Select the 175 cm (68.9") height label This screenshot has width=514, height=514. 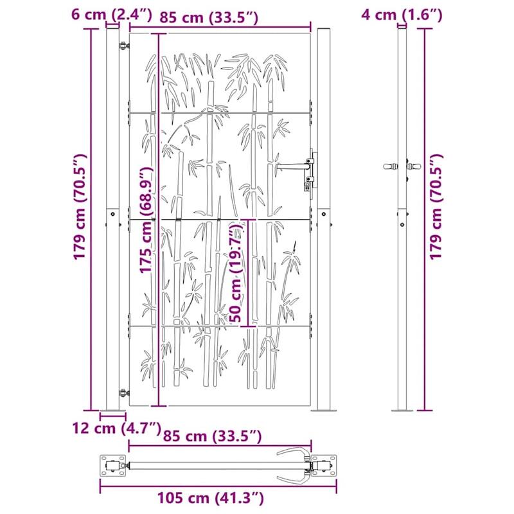coord(147,218)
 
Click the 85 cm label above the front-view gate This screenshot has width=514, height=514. coord(208,18)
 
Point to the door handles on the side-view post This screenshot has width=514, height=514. coord(402,166)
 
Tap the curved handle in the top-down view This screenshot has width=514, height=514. coord(292,465)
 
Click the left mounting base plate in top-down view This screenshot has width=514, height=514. coord(114,466)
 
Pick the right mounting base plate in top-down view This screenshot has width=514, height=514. coord(324,466)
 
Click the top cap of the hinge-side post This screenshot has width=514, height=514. coord(112,28)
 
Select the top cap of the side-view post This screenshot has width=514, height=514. coord(402,28)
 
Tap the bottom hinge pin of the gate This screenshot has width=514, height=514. coord(123,391)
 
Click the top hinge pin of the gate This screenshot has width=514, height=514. coord(123,44)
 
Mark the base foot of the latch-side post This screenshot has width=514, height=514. coord(321,410)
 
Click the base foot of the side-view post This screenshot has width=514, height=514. coord(402,410)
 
